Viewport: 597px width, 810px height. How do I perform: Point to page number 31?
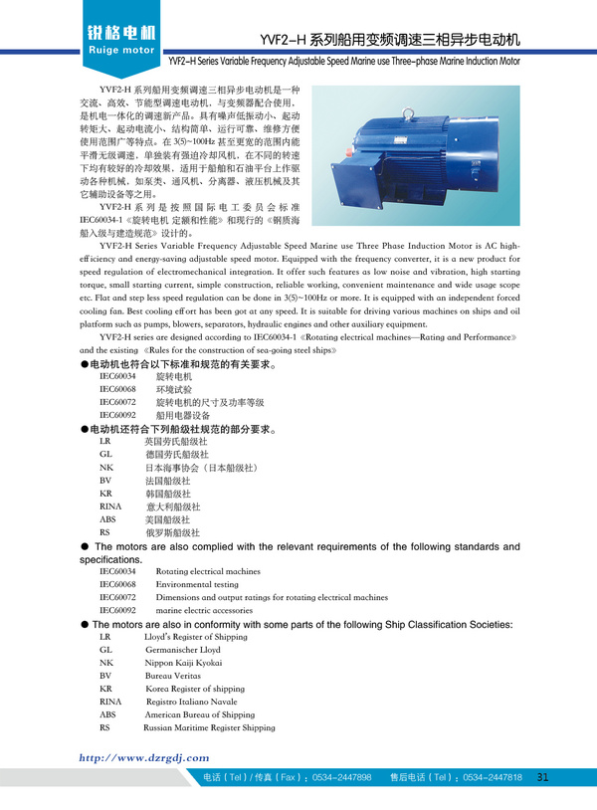[542, 777]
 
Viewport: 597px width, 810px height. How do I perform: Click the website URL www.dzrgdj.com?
[144, 757]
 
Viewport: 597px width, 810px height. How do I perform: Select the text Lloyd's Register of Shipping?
[196, 636]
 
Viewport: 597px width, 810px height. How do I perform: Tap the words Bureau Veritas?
[175, 675]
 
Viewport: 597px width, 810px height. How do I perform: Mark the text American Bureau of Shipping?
[199, 714]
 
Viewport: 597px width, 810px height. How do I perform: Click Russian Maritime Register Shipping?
[209, 727]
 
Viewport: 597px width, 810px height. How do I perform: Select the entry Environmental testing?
[197, 585]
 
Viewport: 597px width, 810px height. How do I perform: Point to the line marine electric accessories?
[204, 610]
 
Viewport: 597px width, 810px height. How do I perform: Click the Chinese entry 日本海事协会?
[201, 468]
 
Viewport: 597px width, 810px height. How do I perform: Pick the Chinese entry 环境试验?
[174, 390]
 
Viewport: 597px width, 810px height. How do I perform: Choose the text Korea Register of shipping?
[195, 689]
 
